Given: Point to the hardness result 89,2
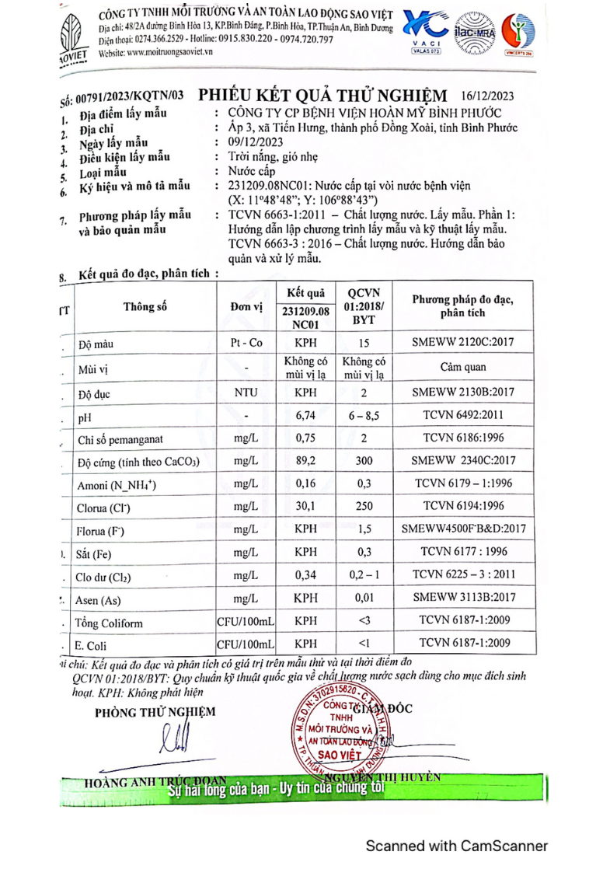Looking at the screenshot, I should pos(305,462).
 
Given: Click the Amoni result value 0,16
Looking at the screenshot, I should pos(305,484).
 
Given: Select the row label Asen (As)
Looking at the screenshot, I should pos(99,600).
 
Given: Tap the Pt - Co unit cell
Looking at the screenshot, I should pos(245,341).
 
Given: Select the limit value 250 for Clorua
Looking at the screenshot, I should pos(364,507).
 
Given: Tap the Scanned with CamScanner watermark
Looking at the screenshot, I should pos(457,846).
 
